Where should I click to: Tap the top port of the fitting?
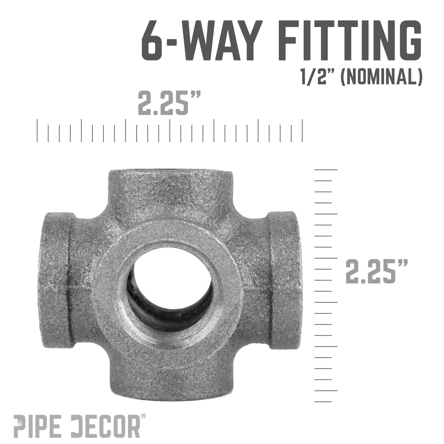point(171,184)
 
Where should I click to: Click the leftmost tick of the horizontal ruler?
point(37,131)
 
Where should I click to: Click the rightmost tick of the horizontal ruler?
point(303,131)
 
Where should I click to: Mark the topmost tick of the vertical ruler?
point(326,170)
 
